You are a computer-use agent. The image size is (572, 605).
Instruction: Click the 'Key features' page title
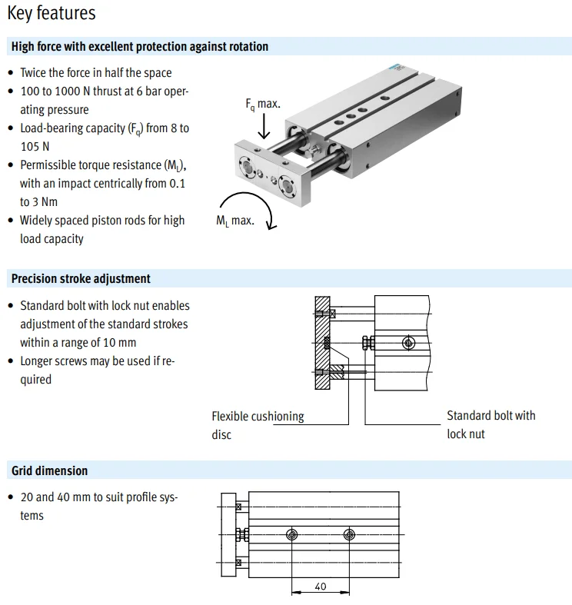point(52,14)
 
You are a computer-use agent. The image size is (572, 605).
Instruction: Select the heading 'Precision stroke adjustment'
point(81,278)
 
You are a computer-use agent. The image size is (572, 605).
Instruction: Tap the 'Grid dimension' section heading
point(49,470)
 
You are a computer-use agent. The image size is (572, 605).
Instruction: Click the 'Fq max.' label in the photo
point(263,104)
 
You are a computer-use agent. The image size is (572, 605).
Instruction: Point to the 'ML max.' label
point(234,221)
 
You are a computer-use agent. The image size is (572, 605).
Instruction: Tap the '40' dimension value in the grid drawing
point(321,587)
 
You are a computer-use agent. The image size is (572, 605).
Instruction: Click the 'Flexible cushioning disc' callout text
point(258,425)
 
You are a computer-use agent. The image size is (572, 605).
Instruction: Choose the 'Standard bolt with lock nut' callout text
point(491,424)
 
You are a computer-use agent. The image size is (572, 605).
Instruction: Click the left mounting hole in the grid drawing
point(291,534)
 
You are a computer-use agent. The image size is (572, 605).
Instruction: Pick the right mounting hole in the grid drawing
point(350,534)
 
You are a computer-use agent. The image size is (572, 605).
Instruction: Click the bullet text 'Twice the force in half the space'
point(96,73)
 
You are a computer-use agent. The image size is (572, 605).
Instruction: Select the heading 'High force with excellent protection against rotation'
point(140,47)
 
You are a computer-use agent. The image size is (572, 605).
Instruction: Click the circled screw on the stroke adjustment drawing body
point(407,341)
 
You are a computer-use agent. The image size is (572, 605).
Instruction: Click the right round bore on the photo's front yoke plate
point(288,184)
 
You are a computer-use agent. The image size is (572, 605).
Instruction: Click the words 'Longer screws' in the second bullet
point(53,361)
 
